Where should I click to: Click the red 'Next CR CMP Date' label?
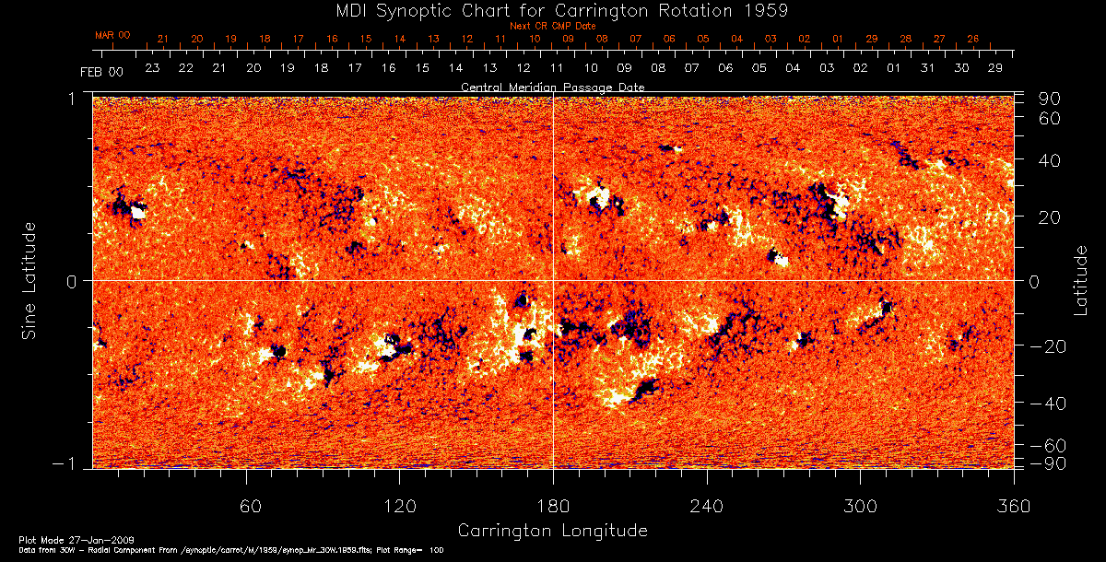tap(551, 26)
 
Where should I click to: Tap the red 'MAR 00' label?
tap(112, 35)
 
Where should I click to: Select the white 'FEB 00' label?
tap(101, 71)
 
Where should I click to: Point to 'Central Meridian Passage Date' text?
tap(552, 87)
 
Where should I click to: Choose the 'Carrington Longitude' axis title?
tap(552, 531)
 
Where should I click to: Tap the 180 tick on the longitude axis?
tap(552, 506)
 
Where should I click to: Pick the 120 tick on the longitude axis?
tap(399, 506)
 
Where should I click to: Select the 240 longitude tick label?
tap(706, 506)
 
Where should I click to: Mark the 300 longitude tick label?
tap(859, 506)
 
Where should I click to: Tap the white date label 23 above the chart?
tap(152, 69)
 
